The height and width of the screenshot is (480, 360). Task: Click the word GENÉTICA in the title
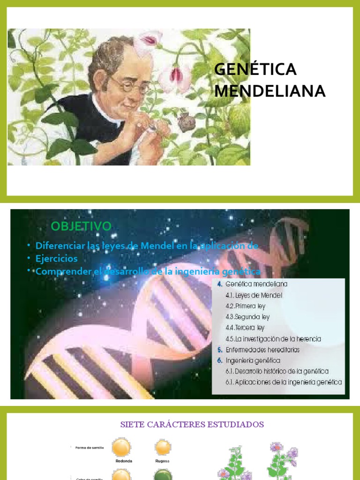click(x=255, y=69)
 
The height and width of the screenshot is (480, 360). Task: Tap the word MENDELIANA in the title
click(x=270, y=91)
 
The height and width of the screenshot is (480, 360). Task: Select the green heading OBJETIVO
click(x=81, y=226)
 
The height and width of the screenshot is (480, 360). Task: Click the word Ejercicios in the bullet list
click(x=57, y=259)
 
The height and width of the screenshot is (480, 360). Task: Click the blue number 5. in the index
click(x=219, y=350)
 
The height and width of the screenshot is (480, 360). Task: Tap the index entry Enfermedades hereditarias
click(x=262, y=350)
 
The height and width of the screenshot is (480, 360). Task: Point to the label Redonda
click(x=123, y=461)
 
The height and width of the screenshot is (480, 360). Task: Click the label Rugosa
click(x=163, y=461)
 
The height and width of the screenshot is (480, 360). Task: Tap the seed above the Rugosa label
click(x=163, y=447)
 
